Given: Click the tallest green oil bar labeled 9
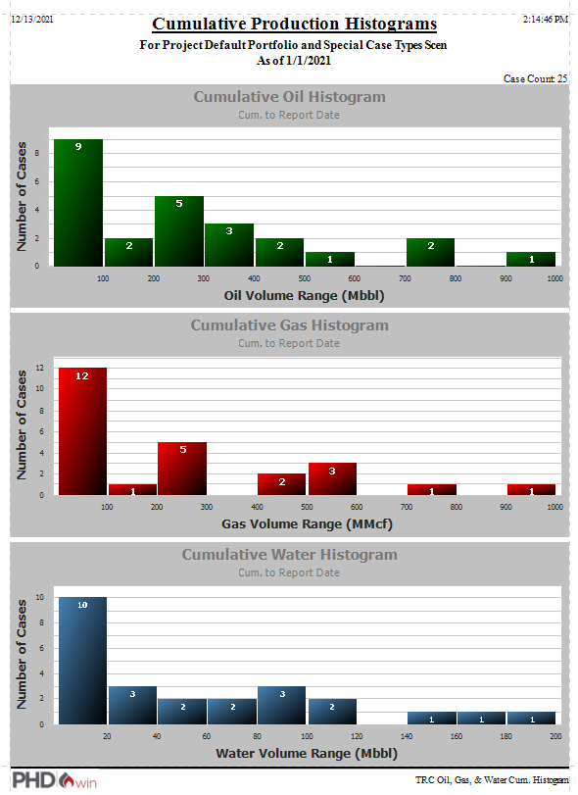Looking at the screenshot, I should tap(77, 203).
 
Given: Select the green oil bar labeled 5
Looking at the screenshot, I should tap(178, 231).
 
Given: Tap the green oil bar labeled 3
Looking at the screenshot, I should tap(229, 245).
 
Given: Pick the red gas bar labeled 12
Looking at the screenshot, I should tap(82, 431).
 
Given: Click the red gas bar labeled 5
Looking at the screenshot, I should tap(182, 469).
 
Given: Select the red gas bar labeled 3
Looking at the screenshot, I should tap(332, 478).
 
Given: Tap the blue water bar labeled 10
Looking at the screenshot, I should tap(82, 660).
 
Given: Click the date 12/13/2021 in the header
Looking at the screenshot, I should tap(31, 19).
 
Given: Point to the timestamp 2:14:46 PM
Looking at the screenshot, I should tap(546, 19).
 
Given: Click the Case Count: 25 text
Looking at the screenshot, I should tap(535, 78).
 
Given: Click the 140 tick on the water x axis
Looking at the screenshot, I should tap(405, 735).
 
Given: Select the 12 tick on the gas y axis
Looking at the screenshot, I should tap(39, 369).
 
